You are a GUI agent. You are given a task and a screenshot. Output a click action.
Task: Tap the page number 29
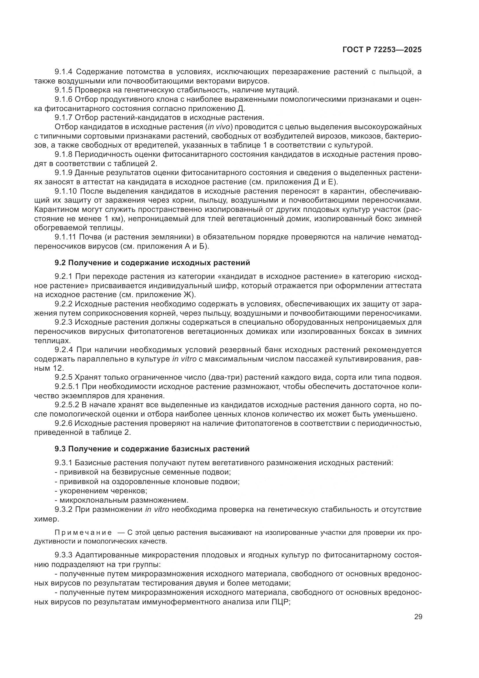(418, 617)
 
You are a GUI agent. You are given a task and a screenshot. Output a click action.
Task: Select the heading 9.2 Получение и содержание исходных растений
(152, 263)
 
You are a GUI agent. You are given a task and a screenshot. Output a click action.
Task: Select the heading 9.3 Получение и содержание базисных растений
(152, 449)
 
